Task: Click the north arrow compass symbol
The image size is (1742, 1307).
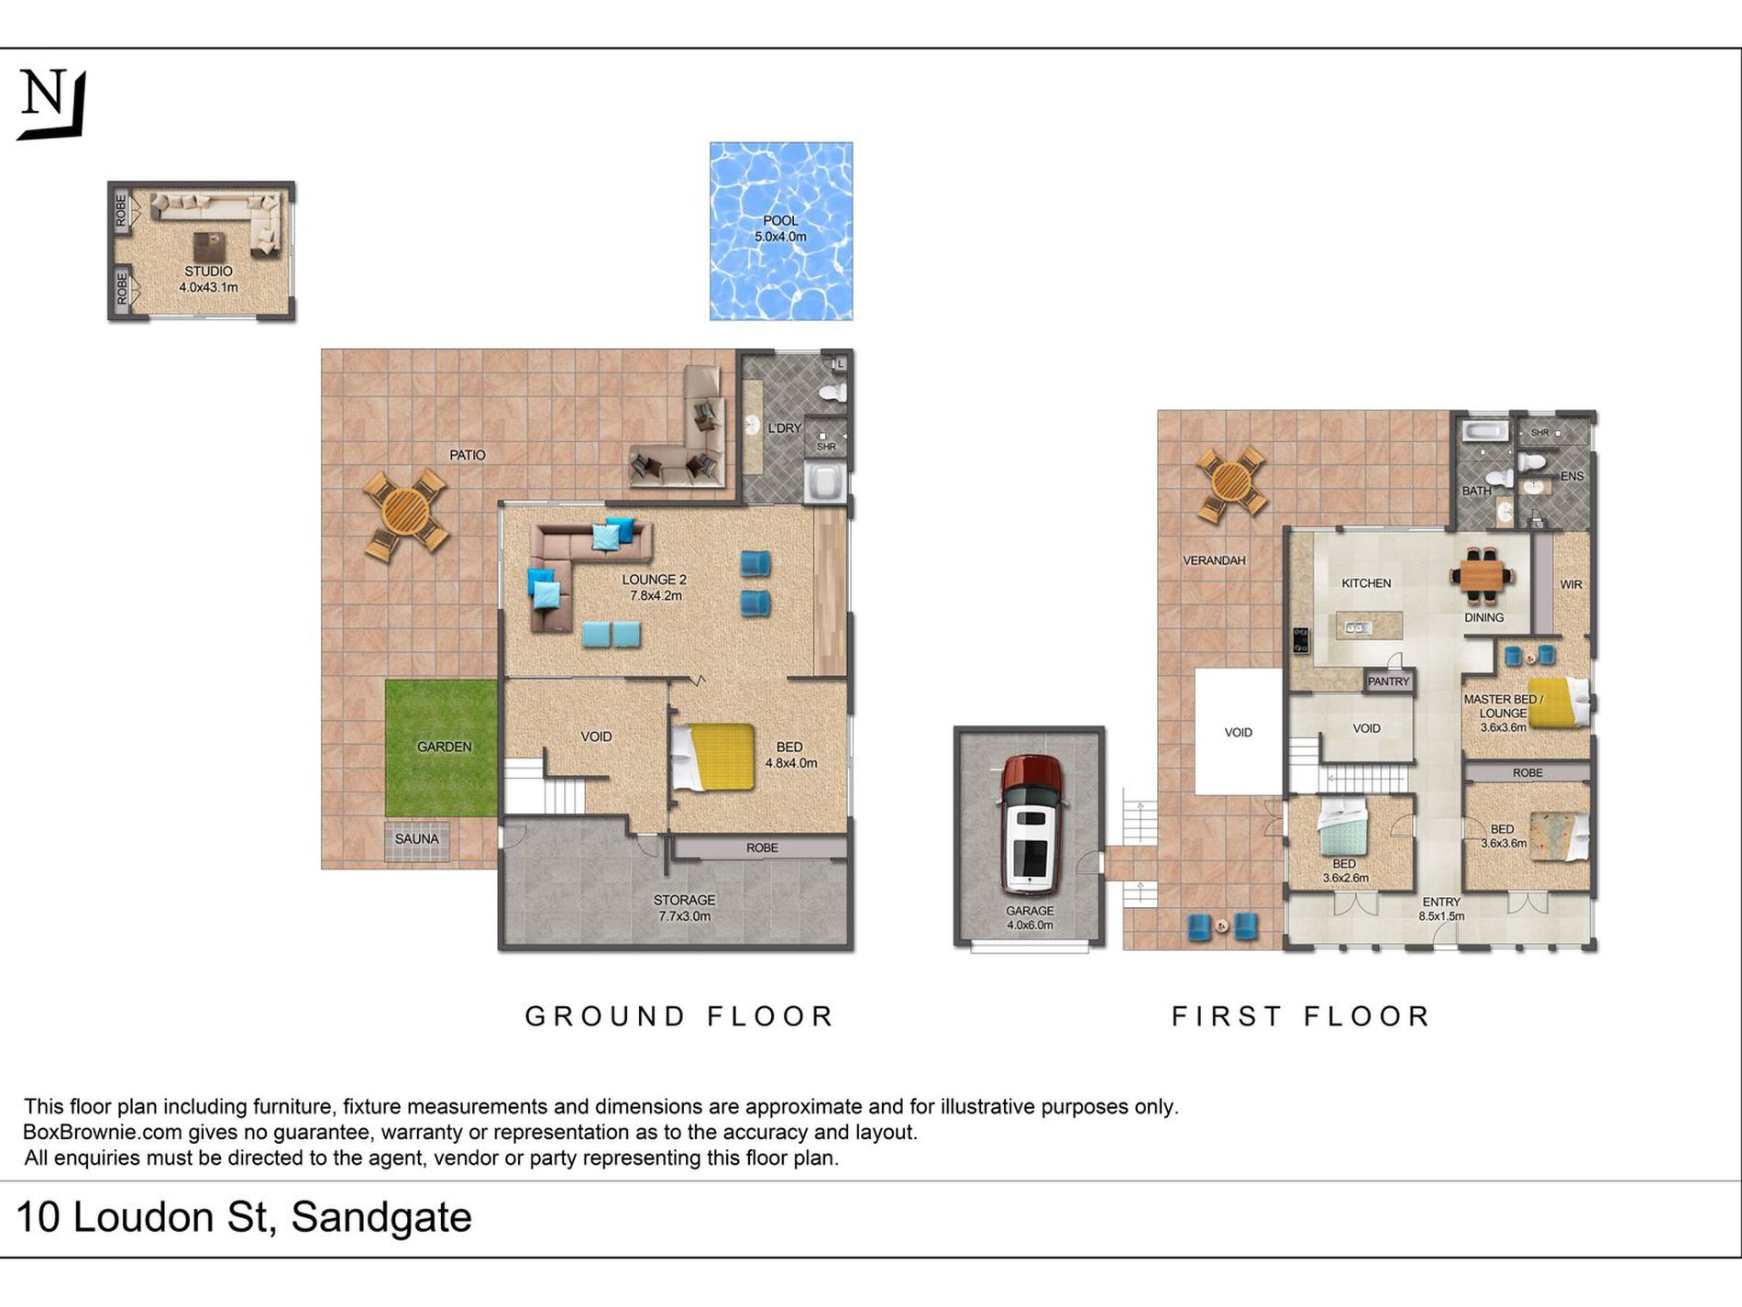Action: point(53,104)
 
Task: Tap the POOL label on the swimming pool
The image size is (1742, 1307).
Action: point(780,220)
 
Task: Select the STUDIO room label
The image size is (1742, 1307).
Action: point(208,271)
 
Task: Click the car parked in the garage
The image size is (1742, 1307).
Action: point(1031,824)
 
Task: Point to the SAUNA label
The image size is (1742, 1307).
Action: point(416,838)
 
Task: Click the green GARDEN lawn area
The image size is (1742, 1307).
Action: point(442,748)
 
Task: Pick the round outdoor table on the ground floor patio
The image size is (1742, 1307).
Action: point(405,514)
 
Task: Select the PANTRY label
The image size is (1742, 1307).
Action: point(1388,681)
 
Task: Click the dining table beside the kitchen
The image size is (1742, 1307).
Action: point(1482,576)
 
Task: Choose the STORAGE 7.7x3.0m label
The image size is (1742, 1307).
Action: point(684,908)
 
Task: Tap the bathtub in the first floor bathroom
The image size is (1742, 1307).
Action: point(1484,431)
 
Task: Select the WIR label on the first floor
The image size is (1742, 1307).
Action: point(1571,584)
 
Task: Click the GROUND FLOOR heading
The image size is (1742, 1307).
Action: point(679,1016)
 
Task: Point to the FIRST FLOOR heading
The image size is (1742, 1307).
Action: point(1301,1016)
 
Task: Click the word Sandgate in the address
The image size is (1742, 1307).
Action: point(381,1218)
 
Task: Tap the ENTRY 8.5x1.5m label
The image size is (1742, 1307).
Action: point(1441,909)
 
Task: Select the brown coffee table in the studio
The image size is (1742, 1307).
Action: point(209,246)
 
